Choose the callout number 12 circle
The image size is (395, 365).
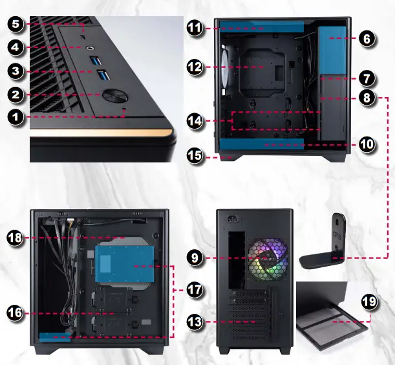(x=196, y=66)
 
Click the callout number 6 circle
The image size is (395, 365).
(x=366, y=39)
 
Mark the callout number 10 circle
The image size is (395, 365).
(x=366, y=144)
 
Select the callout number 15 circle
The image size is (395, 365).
(x=196, y=156)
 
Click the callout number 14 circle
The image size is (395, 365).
(x=196, y=120)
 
